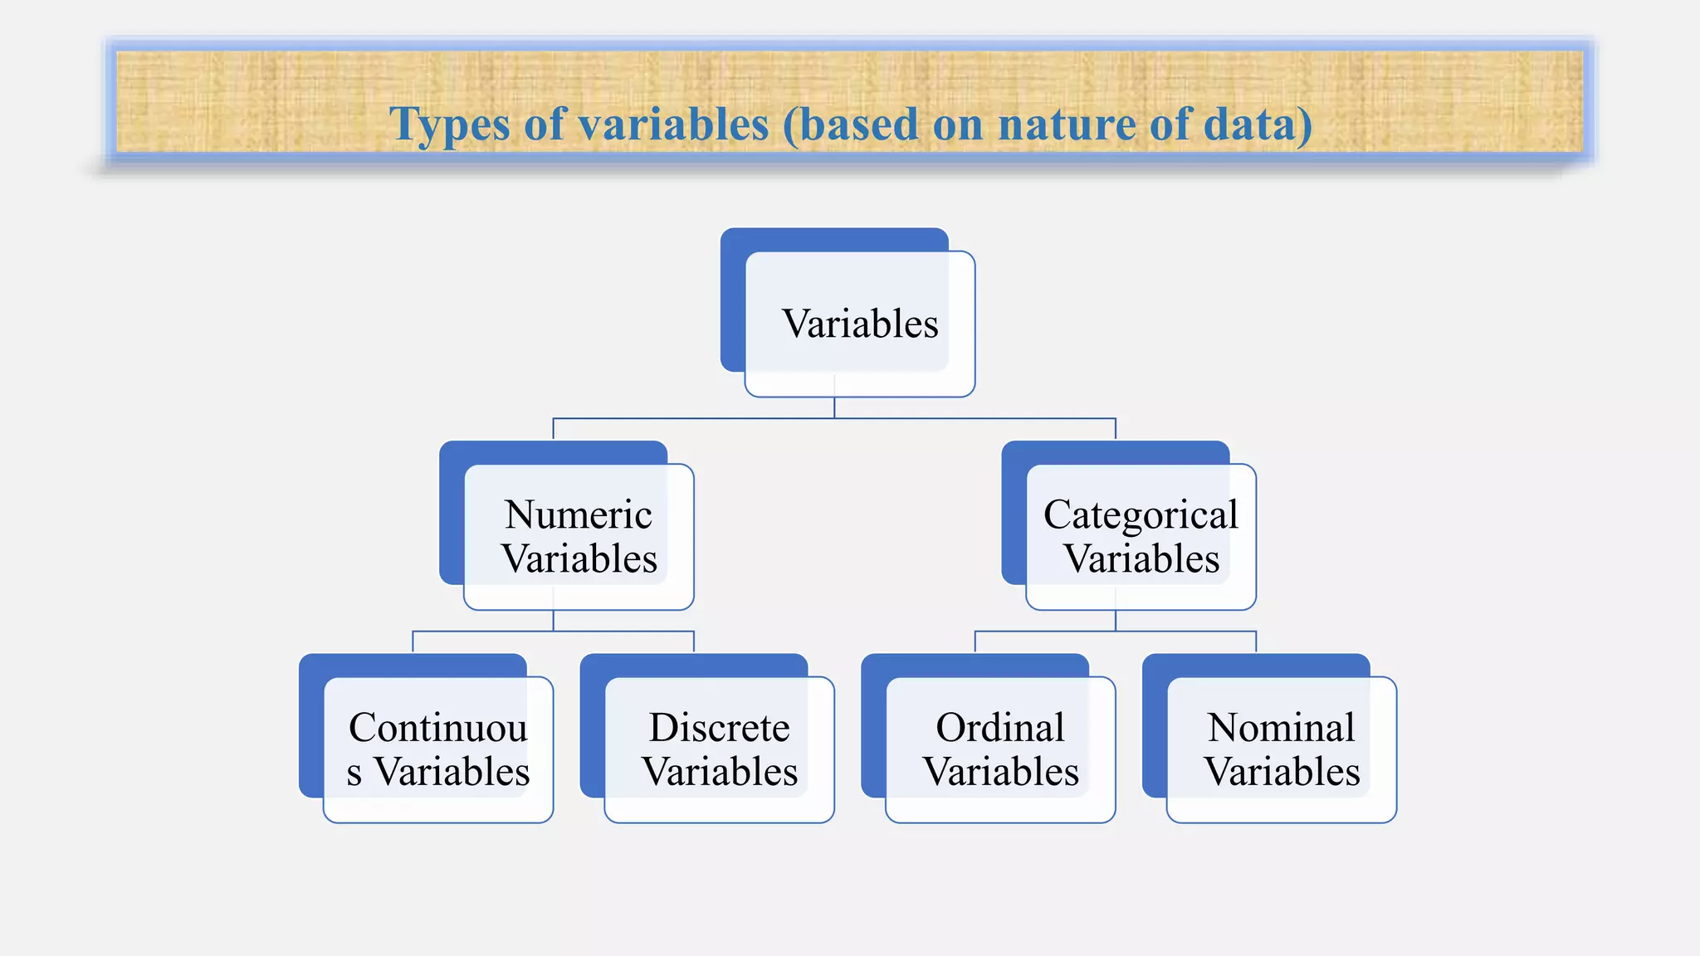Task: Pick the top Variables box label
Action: pyautogui.click(x=860, y=324)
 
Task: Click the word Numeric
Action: pyautogui.click(x=579, y=515)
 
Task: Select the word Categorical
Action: pyautogui.click(x=1141, y=515)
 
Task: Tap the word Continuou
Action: pyautogui.click(x=438, y=728)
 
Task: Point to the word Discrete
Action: pyautogui.click(x=719, y=728)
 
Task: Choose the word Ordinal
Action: pyautogui.click(x=1000, y=728)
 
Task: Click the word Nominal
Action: pyautogui.click(x=1281, y=728)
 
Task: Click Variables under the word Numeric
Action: pyautogui.click(x=579, y=558)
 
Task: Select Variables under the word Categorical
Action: pyautogui.click(x=1141, y=558)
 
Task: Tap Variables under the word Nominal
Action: pyautogui.click(x=1282, y=772)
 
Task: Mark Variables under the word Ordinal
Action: pyautogui.click(x=1001, y=772)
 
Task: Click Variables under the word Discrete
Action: pyautogui.click(x=720, y=772)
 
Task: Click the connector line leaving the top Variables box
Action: pyautogui.click(x=834, y=407)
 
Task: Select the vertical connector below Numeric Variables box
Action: pyautogui.click(x=554, y=621)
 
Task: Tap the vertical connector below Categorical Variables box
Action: pyautogui.click(x=1116, y=621)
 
